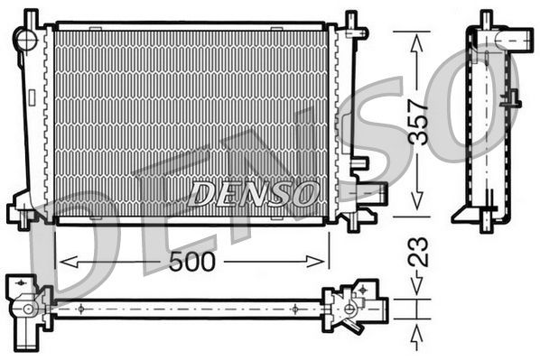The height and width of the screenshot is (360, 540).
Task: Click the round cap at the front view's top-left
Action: (26, 39)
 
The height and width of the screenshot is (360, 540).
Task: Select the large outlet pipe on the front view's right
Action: (372, 192)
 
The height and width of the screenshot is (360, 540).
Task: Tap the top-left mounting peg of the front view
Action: (31, 17)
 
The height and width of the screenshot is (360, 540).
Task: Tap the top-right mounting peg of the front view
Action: (351, 20)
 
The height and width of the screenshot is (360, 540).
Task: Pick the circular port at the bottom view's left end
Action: (29, 309)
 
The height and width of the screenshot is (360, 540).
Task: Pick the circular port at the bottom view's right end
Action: (350, 309)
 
